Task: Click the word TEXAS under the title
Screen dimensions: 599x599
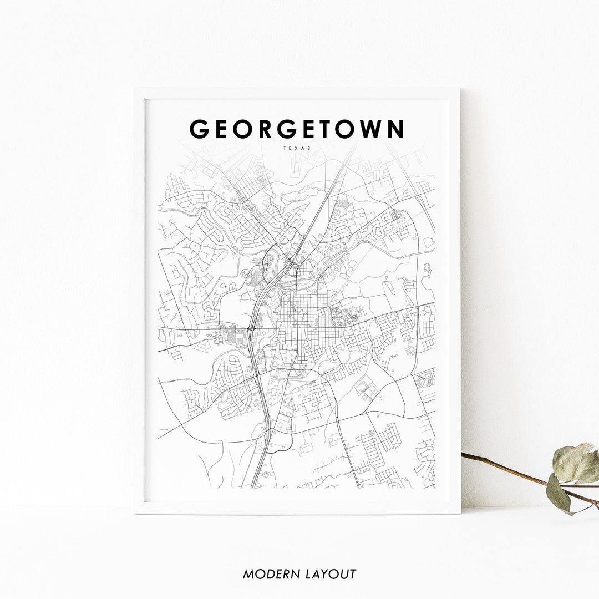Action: pos(297,148)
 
